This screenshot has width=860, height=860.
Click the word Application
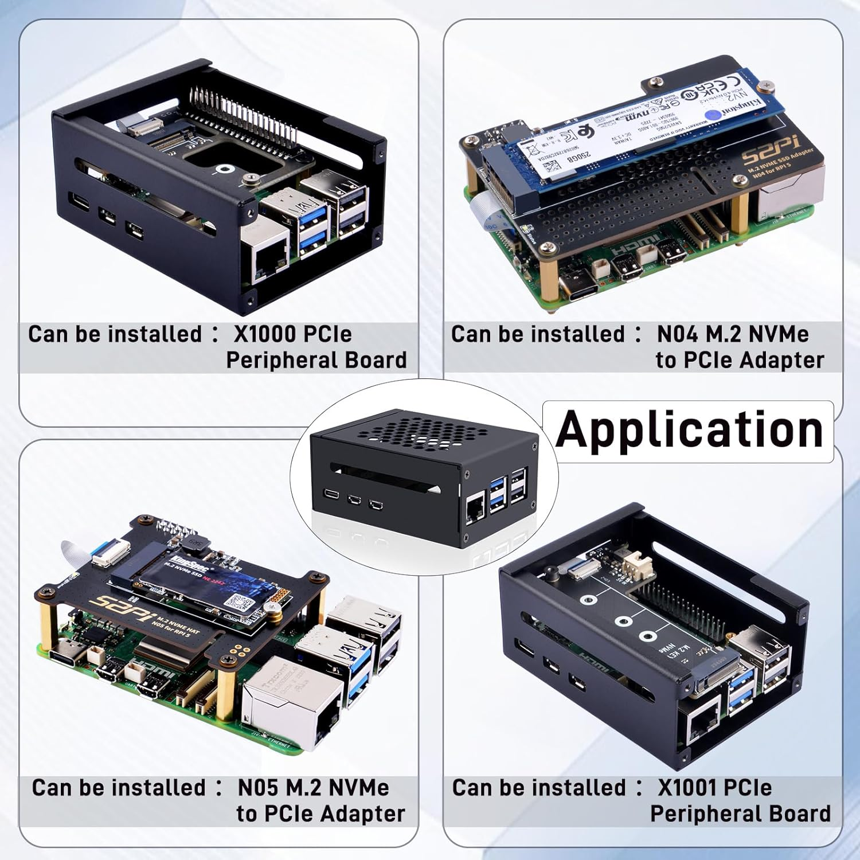pos(690,430)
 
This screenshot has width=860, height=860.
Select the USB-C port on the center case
pos(331,494)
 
